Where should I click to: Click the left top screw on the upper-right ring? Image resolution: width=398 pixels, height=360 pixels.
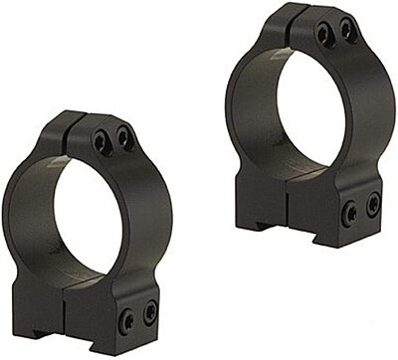tap(323, 37)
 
